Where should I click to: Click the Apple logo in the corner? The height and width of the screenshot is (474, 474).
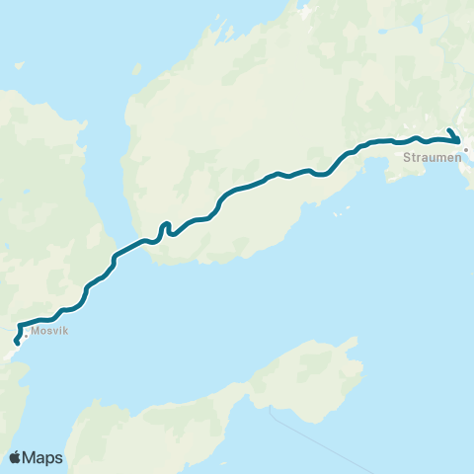16,457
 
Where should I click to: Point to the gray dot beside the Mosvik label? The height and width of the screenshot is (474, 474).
28,335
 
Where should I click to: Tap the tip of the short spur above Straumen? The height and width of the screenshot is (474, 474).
449,130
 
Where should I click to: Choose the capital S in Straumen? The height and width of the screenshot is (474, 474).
408,155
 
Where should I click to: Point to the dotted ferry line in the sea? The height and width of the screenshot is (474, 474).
306,434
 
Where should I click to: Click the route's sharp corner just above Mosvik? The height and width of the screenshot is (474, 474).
20,322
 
